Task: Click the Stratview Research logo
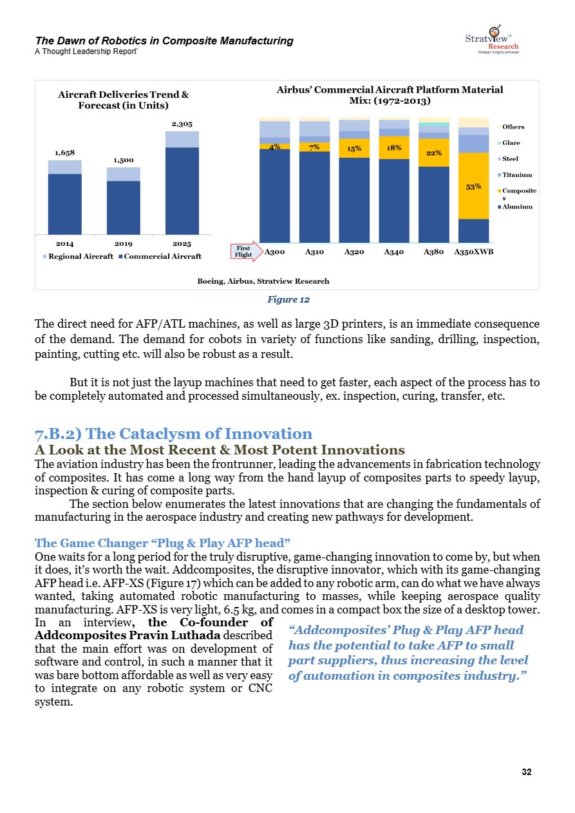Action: point(492,39)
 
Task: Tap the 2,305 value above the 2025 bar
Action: point(182,124)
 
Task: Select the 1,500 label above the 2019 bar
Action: point(124,160)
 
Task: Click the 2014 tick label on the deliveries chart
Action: point(64,244)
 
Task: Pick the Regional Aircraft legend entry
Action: point(78,256)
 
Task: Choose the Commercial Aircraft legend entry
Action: point(160,256)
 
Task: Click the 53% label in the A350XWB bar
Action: point(473,187)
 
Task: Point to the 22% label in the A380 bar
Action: point(434,153)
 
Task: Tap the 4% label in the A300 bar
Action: point(274,147)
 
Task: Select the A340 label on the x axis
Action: point(394,252)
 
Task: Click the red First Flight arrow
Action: point(246,252)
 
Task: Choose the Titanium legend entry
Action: point(514,175)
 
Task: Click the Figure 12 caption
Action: point(288,299)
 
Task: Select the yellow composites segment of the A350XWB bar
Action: point(473,186)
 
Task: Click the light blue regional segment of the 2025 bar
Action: point(182,140)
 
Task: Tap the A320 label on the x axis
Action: point(354,252)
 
